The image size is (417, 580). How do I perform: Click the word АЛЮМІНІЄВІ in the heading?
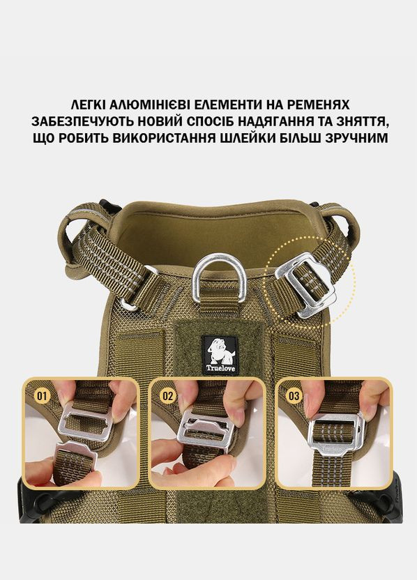(x=147, y=105)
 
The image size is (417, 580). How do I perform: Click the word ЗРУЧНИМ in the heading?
(x=356, y=138)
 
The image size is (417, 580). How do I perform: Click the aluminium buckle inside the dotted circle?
(x=305, y=285)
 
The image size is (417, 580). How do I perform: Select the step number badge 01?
(x=42, y=396)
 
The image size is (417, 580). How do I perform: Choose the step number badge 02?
(x=167, y=396)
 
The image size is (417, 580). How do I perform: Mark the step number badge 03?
(x=294, y=396)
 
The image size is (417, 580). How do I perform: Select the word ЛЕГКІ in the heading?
(x=88, y=105)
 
